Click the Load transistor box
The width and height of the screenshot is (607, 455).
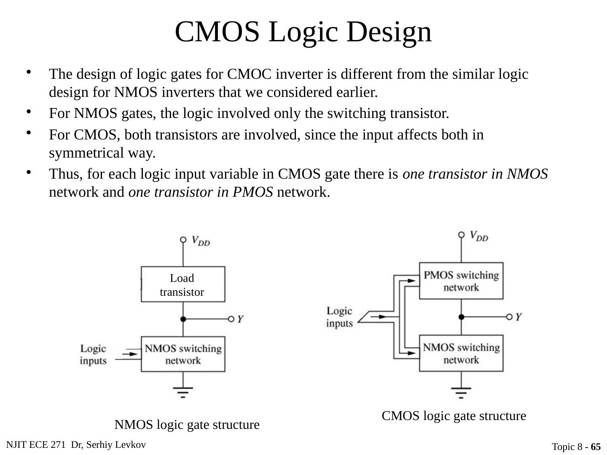coord(183,284)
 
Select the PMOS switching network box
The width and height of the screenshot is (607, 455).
coord(461,281)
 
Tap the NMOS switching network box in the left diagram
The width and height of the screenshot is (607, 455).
coord(183,354)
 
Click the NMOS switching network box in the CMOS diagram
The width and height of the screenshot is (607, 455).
coord(461,353)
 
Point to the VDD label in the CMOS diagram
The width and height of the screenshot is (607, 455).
coord(479,236)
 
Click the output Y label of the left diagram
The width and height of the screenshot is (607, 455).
coord(240,319)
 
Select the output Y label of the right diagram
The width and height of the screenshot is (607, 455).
coord(518,316)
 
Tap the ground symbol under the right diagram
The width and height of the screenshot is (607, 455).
coord(461,392)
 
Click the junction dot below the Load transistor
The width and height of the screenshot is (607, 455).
coord(183,319)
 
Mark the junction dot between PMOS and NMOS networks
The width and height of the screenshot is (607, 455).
coord(461,316)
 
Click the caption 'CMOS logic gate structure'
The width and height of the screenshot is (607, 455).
coord(454,416)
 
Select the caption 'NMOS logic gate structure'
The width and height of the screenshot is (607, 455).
coord(187,425)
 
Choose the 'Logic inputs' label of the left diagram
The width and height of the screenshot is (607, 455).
coord(93,355)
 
